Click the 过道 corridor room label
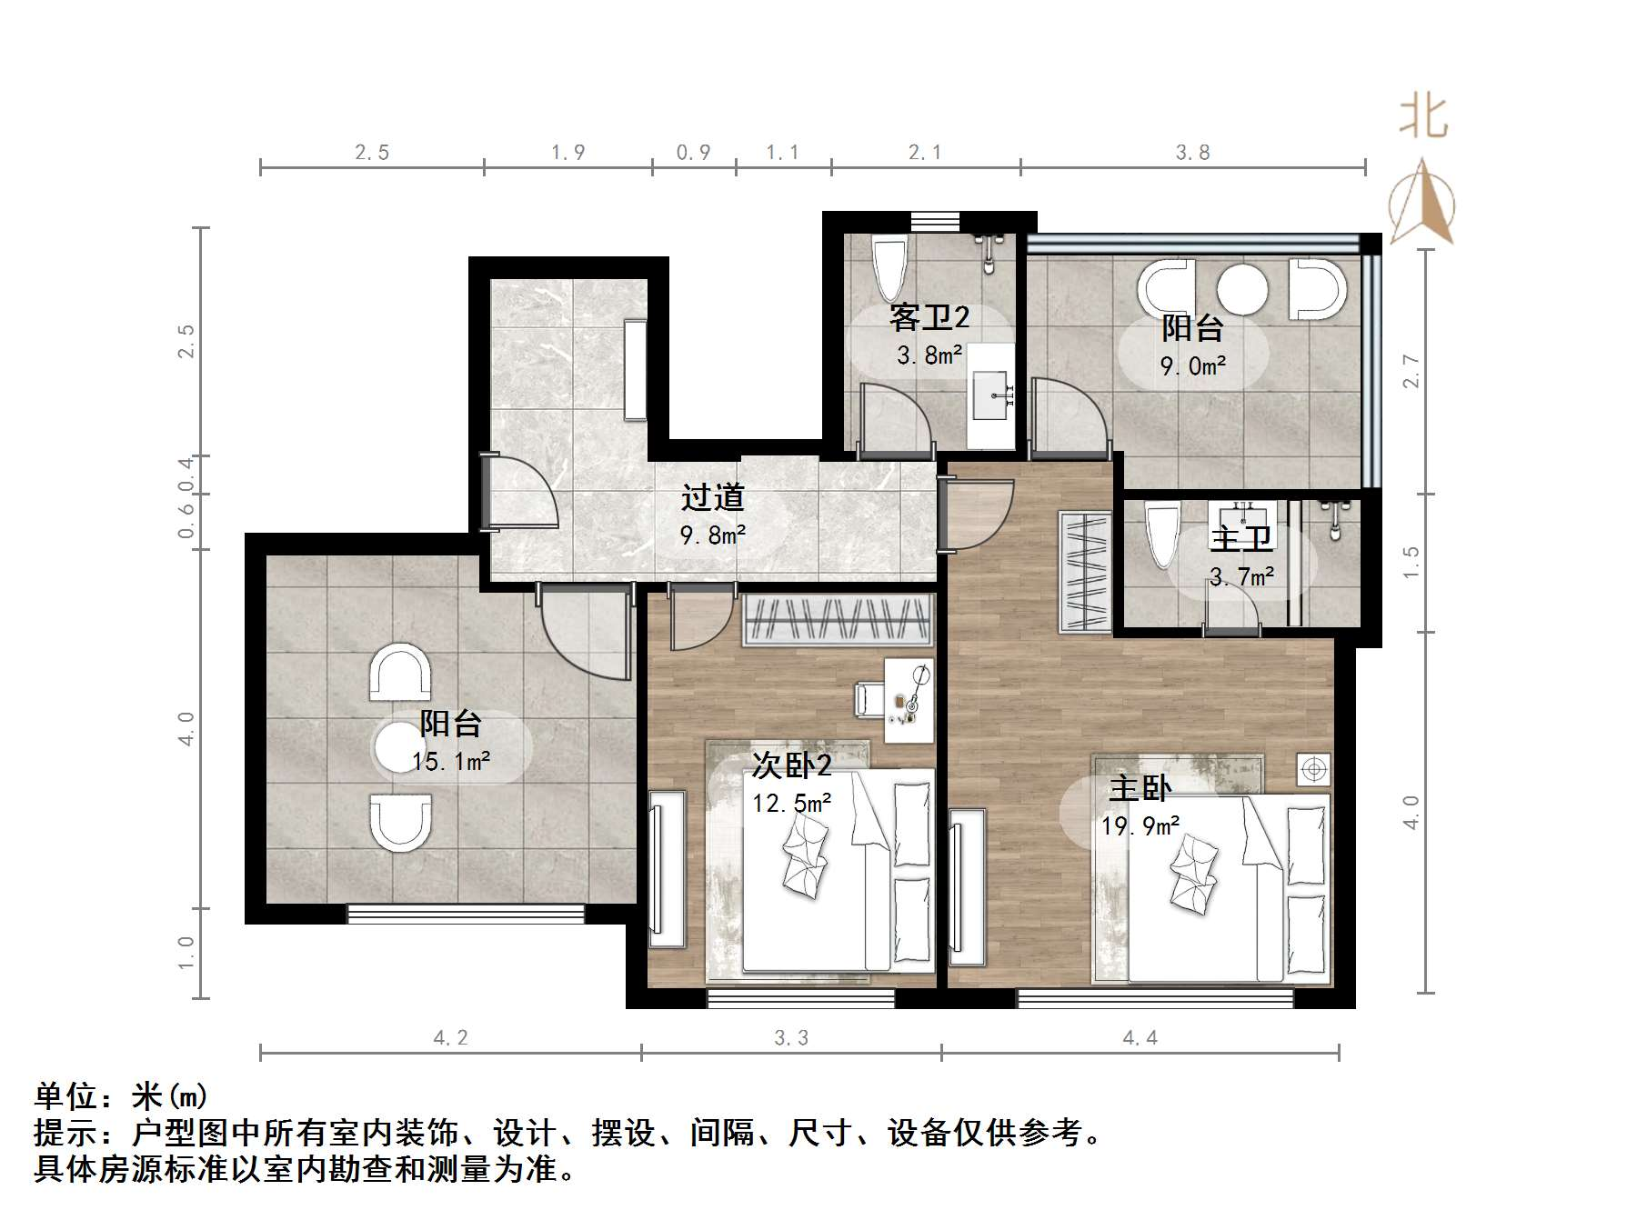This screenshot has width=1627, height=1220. [x=713, y=497]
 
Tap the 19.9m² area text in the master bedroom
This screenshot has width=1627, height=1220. [x=1140, y=825]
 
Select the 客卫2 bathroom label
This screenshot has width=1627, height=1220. [x=929, y=317]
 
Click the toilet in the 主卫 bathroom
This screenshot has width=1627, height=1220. [x=1161, y=536]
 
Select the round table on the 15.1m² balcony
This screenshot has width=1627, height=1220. [x=399, y=746]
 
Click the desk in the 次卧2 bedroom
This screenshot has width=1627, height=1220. [x=910, y=700]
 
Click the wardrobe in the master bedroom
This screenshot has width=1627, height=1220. [x=1085, y=573]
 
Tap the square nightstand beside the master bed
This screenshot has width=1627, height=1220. [x=1313, y=769]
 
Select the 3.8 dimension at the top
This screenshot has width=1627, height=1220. [x=1192, y=153]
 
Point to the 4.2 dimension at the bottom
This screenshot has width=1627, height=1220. [x=450, y=1037]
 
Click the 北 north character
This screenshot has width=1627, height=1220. [x=1423, y=118]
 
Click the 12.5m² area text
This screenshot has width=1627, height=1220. [x=791, y=803]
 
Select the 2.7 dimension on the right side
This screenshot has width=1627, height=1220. [x=1411, y=371]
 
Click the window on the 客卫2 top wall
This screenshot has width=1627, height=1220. [x=935, y=221]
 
